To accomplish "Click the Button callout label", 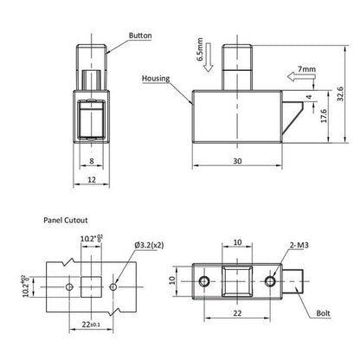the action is (x=140, y=35).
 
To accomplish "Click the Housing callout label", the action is (x=156, y=79).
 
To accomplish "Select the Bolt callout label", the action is (x=323, y=313).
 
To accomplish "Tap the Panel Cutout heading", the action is (x=66, y=220).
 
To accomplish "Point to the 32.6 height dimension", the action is (x=340, y=93).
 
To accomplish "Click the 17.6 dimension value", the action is (x=324, y=116).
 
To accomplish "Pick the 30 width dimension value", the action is (x=237, y=161).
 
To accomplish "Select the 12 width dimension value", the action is (x=92, y=180).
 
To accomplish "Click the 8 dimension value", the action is (x=92, y=161).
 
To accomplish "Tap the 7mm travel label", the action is (x=306, y=69).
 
